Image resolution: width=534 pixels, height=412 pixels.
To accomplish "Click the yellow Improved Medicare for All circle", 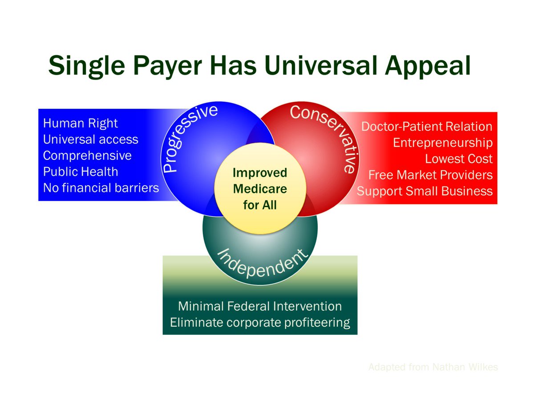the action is (260, 189).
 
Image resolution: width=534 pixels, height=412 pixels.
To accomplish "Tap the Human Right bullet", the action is (81, 123).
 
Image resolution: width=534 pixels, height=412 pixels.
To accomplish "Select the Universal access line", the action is (90, 140).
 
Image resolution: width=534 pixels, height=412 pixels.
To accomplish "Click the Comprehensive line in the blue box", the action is (87, 156).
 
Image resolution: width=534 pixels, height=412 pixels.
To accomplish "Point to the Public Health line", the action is (81, 172).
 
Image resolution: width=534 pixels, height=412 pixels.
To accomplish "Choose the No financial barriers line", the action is (101, 188).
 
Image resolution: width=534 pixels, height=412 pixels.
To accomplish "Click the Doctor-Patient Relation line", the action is (427, 127).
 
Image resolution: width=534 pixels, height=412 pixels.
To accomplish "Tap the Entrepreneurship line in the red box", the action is (443, 143).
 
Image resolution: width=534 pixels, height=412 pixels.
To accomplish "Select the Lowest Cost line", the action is (459, 159).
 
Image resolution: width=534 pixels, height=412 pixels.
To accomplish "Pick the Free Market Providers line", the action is (430, 175).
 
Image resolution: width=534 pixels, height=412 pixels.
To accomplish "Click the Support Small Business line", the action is (425, 191).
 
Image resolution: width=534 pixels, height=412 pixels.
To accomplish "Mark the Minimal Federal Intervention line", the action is (260, 306).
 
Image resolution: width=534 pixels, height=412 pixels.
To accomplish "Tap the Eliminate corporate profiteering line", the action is (260, 322).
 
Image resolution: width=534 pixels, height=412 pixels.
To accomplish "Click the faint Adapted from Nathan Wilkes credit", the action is (433, 367).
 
